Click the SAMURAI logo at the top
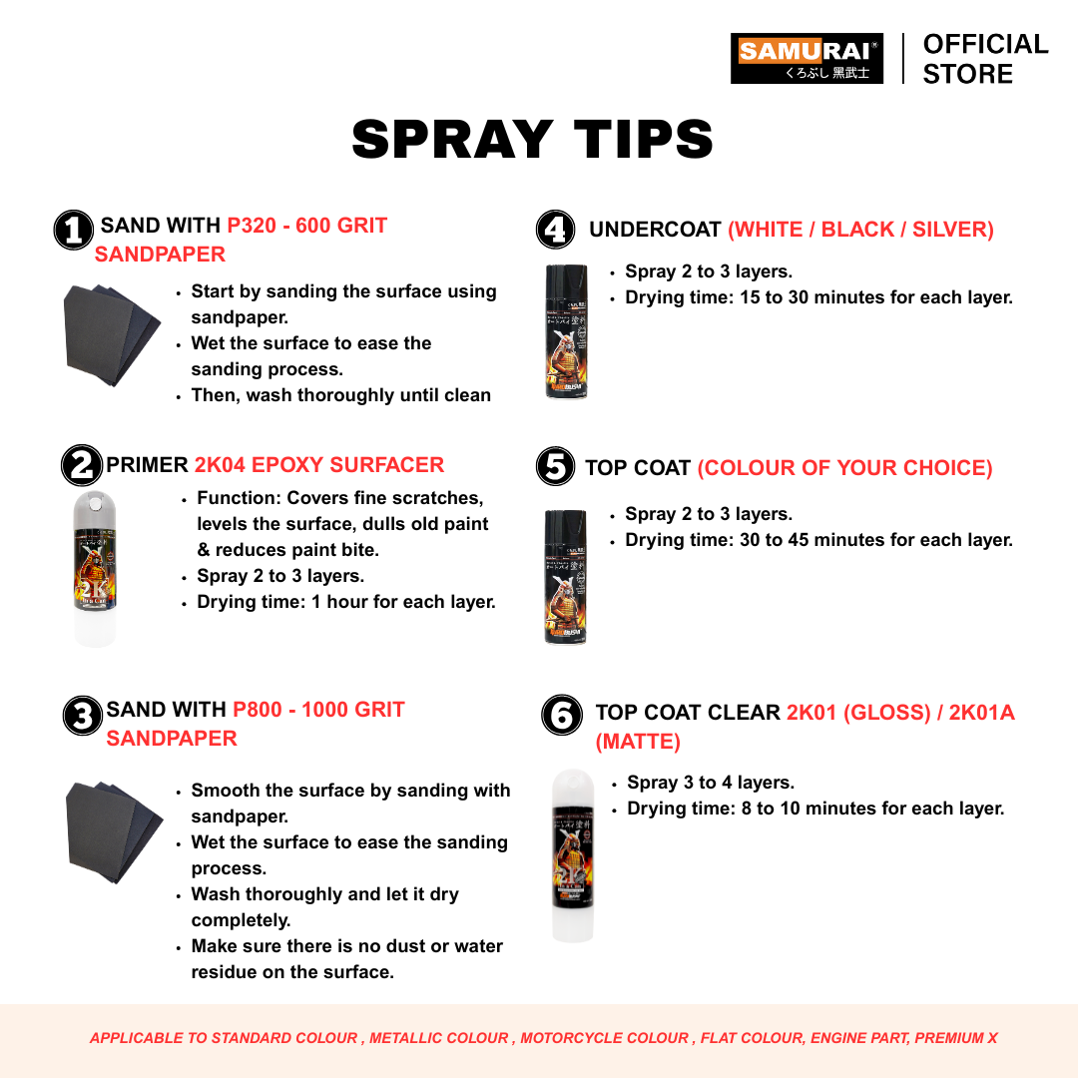tap(807, 59)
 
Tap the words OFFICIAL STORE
tap(985, 59)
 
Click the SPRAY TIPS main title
tap(533, 139)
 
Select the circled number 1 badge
tap(74, 230)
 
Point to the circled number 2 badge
tap(82, 465)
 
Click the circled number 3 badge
tap(83, 716)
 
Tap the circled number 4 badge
tap(556, 230)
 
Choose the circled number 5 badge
tap(556, 467)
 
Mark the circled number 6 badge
tap(562, 715)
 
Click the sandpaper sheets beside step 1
tap(111, 334)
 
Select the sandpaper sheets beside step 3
tap(114, 831)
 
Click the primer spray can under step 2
tap(95, 569)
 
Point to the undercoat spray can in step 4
tap(567, 331)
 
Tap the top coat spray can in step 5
tap(566, 577)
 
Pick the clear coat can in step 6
tap(573, 855)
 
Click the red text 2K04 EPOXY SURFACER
tap(319, 465)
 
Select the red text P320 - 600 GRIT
tap(307, 226)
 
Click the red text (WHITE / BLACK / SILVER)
tap(860, 230)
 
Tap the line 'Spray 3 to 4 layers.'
tap(711, 783)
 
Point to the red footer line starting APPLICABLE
tap(543, 1038)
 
